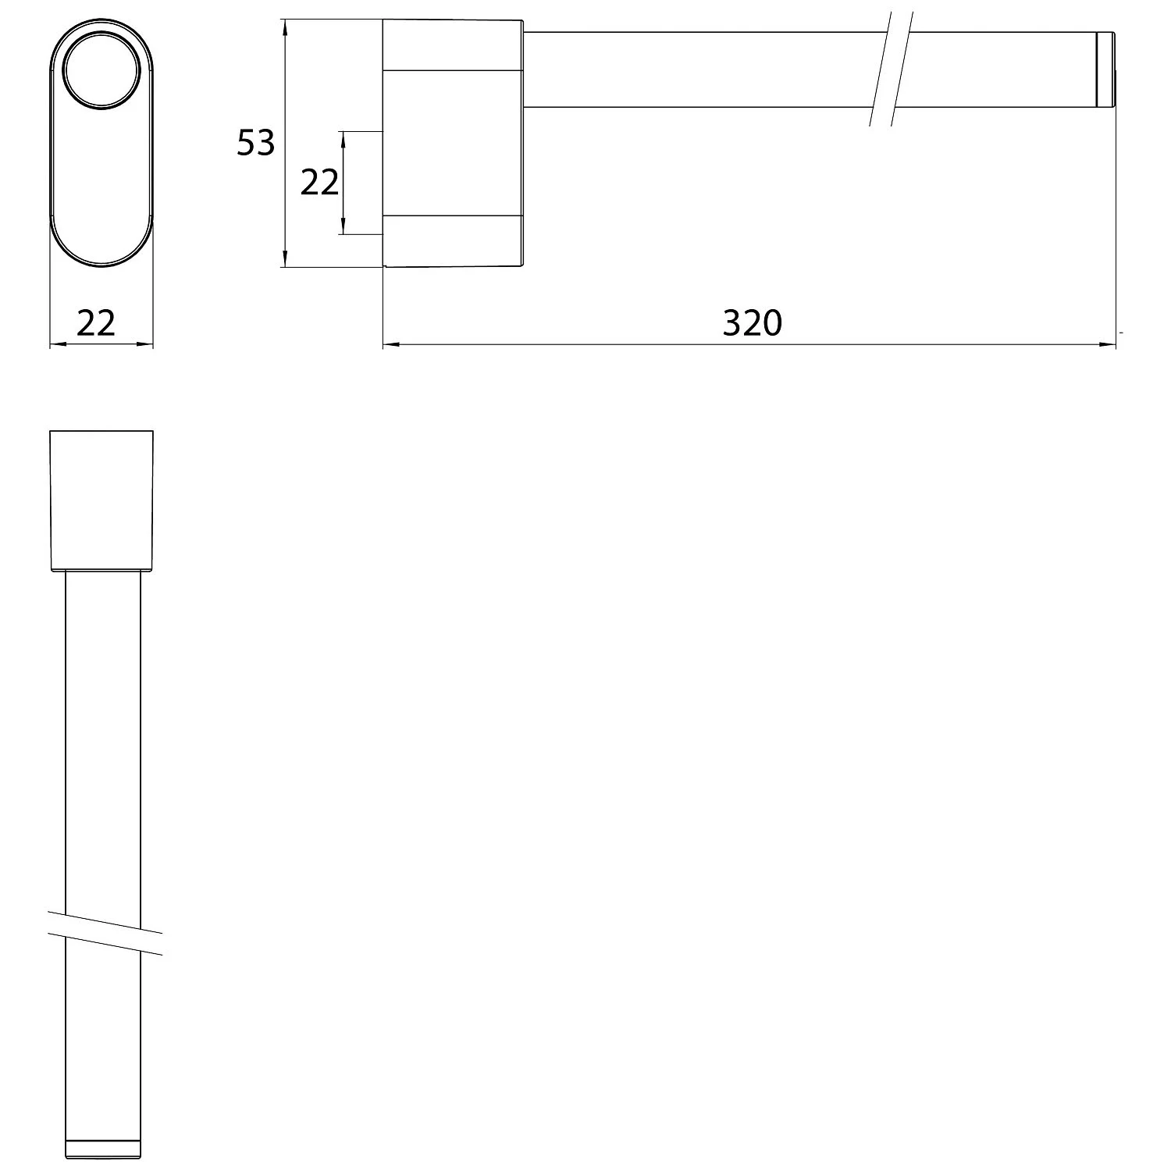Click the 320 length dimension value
pyautogui.click(x=752, y=322)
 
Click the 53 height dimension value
pyautogui.click(x=256, y=143)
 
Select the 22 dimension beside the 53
pyautogui.click(x=319, y=183)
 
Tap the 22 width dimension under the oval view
pyautogui.click(x=96, y=322)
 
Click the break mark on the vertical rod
pyautogui.click(x=105, y=932)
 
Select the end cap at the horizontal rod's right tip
pyautogui.click(x=1105, y=69)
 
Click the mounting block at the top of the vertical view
pyautogui.click(x=101, y=500)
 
